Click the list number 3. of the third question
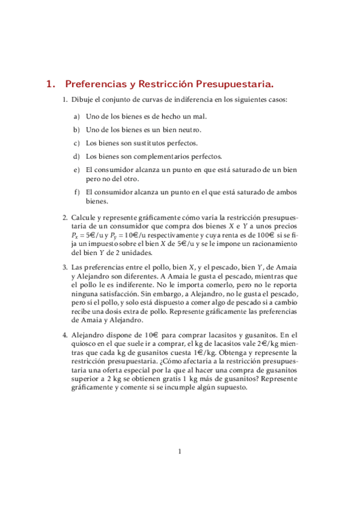(x=66, y=266)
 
